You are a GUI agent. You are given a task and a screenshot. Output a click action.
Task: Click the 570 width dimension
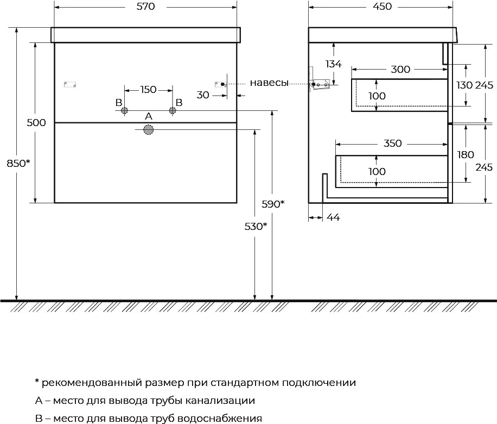pos(146,7)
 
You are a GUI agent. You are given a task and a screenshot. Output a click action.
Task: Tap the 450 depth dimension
pos(383,7)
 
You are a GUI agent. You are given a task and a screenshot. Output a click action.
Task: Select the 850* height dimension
pos(18,163)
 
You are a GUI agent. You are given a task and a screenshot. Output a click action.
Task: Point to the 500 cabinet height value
pos(36,123)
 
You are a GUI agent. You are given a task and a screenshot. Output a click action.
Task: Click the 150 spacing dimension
pos(148,90)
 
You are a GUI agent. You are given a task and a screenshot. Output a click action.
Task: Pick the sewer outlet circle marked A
pos(148,129)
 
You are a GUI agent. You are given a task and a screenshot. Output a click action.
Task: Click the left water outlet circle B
pos(125,110)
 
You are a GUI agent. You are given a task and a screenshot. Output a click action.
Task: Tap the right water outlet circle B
pos(173,110)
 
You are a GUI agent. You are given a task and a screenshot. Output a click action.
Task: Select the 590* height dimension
pos(273,204)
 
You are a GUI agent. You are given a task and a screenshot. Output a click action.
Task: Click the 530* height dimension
pos(256,227)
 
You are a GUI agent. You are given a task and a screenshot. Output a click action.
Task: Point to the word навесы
pos(269,83)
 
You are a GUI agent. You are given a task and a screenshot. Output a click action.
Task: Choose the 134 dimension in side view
pos(334,64)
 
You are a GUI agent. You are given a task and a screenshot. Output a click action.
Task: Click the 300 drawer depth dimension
pos(400,69)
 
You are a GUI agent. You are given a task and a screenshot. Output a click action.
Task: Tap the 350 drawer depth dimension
pos(392,144)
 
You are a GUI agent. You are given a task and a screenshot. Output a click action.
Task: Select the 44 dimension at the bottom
pos(333,217)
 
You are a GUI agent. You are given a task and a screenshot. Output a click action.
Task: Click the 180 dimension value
pos(466,155)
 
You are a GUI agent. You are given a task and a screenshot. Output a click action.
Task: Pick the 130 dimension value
pos(464,85)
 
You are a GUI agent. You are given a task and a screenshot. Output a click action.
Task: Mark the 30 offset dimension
pos(203,95)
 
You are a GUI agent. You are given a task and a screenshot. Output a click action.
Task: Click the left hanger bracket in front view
pos(70,84)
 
